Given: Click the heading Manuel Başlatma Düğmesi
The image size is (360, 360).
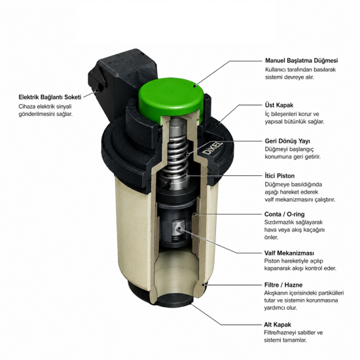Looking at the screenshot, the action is (302, 61).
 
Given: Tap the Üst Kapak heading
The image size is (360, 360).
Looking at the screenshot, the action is (279, 105).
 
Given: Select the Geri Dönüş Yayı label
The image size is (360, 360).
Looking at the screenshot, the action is (287, 141).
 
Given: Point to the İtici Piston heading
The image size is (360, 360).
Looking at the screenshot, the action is (279, 176).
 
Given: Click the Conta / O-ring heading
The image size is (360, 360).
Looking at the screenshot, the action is (285, 214).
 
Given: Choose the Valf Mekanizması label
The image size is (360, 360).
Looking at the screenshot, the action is (289, 253).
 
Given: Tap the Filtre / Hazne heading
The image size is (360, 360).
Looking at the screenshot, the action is (283, 285).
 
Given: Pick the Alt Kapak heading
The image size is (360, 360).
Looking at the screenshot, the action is (278, 325).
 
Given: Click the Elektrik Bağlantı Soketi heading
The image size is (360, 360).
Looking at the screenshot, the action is (50, 97).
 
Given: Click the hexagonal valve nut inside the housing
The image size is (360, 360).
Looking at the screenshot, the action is (180, 229).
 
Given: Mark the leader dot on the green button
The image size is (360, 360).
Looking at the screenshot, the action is (194, 86).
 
